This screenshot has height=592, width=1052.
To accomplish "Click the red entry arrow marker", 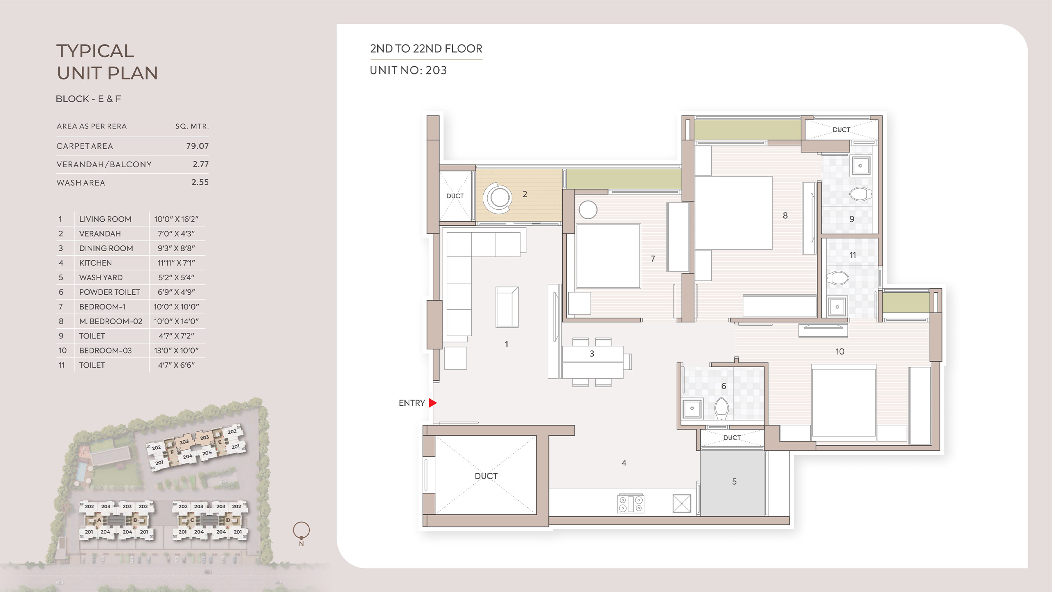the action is (x=432, y=403).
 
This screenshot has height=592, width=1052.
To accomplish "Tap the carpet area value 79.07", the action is (x=197, y=146).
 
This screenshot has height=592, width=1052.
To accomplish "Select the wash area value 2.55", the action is (x=200, y=182).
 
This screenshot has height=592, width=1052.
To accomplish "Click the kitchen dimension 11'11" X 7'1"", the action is (x=176, y=263).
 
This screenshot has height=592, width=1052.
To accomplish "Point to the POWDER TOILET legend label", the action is (x=110, y=292).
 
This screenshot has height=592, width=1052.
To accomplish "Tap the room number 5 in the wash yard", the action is (x=734, y=481).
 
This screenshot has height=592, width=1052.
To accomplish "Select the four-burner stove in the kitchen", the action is (x=631, y=504).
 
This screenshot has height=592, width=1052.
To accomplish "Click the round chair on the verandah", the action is (x=498, y=198).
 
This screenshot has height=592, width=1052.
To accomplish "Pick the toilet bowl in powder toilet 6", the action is (x=722, y=408).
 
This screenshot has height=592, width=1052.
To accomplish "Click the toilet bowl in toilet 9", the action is (x=860, y=194).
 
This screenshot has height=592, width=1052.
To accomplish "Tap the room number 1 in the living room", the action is (x=506, y=344).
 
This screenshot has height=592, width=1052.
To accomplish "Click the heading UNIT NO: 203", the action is (x=408, y=70).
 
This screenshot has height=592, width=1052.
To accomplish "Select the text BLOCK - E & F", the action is (x=88, y=99).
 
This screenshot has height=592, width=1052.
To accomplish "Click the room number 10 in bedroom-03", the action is (x=840, y=351).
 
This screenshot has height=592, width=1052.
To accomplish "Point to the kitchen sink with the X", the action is (x=682, y=503).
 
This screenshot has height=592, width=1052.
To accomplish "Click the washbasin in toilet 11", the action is (x=837, y=307).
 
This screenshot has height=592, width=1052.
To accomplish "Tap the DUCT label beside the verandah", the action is (x=455, y=196).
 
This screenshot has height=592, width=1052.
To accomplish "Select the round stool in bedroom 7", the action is (x=588, y=210).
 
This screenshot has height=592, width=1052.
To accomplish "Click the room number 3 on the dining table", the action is (x=592, y=354).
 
